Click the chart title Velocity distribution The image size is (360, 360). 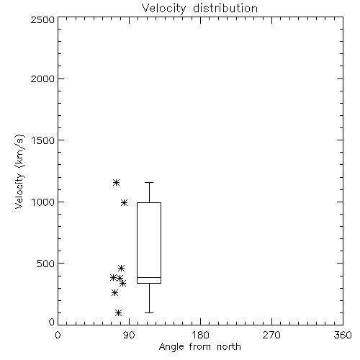click(199, 9)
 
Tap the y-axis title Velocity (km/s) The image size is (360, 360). click(19, 171)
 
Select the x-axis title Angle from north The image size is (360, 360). click(200, 347)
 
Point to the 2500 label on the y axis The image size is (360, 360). click(42, 19)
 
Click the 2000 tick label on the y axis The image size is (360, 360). click(42, 78)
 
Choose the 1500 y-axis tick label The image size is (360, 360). click(43, 140)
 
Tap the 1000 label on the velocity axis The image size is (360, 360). click(43, 202)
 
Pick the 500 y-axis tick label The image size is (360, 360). click(46, 264)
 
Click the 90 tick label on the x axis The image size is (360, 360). click(129, 335)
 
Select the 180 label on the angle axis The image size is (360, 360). click(200, 335)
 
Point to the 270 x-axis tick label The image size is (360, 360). click(271, 335)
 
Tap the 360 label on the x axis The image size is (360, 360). click(343, 335)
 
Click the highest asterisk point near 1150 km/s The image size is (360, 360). click(116, 183)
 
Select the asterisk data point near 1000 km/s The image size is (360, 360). click(124, 203)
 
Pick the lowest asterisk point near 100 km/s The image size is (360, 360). click(118, 313)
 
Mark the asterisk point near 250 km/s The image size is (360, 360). click(114, 293)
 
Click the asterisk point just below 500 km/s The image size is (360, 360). click(121, 268)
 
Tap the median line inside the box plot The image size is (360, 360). click(149, 277)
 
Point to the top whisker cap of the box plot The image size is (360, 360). click(149, 183)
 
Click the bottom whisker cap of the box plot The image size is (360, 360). click(149, 312)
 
